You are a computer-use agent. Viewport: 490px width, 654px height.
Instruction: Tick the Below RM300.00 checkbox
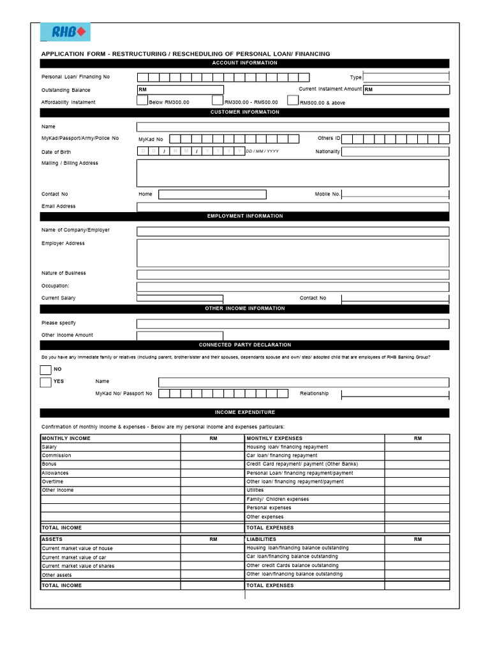(x=142, y=101)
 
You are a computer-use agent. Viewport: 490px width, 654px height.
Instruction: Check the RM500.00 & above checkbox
(x=293, y=100)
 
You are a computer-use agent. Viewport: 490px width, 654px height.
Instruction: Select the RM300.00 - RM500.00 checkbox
(x=218, y=101)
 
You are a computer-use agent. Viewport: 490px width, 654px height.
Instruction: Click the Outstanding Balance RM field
(x=180, y=90)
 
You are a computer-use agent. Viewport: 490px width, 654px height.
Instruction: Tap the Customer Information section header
(x=244, y=112)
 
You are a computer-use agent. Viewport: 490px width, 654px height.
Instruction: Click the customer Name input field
(x=292, y=127)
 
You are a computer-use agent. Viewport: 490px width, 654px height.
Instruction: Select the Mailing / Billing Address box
(x=292, y=173)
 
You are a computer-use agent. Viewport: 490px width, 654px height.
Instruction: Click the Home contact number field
(x=212, y=194)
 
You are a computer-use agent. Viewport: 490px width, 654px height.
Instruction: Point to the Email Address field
(x=292, y=207)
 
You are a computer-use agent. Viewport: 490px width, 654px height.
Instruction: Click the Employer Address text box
(x=292, y=253)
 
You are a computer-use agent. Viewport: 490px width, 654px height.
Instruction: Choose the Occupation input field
(x=292, y=286)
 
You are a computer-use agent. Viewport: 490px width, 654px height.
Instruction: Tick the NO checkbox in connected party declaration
(x=45, y=370)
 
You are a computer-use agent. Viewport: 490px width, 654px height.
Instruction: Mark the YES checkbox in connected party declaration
(x=45, y=383)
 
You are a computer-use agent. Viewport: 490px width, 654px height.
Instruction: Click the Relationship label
(x=314, y=393)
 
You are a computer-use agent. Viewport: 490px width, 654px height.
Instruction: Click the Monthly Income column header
(x=66, y=439)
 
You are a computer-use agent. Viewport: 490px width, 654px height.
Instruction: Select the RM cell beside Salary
(x=213, y=447)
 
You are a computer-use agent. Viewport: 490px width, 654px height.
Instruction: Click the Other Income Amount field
(x=180, y=335)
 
